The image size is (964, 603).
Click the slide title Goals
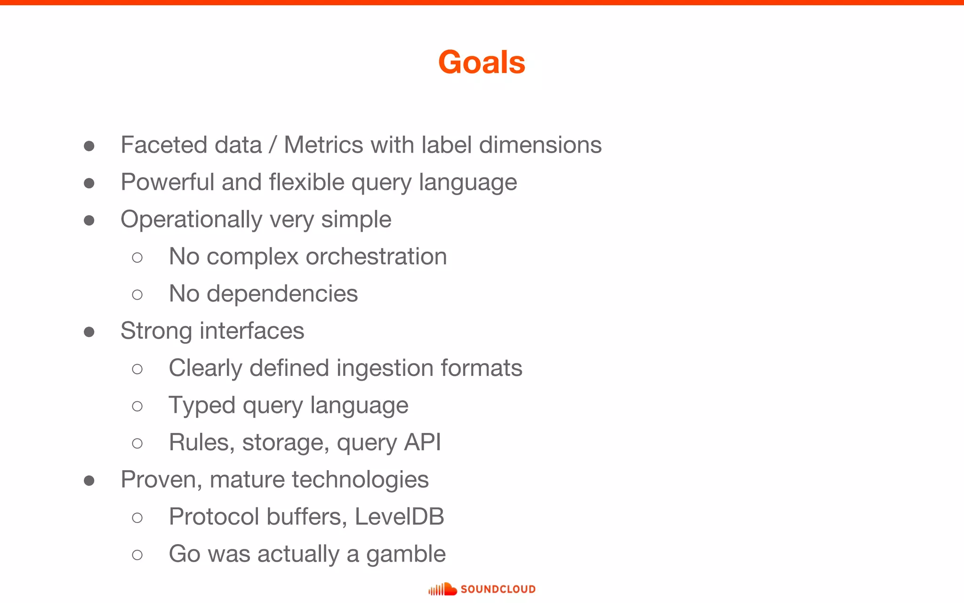click(x=482, y=62)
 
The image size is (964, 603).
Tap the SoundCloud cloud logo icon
click(x=442, y=589)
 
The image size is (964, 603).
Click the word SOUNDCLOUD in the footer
click(x=498, y=589)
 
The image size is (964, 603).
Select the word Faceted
click(x=164, y=145)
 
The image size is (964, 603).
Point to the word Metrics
click(x=323, y=145)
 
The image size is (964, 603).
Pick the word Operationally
click(x=191, y=220)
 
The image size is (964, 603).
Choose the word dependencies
click(x=282, y=294)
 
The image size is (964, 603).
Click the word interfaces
click(x=252, y=331)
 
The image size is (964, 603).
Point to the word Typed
click(x=202, y=406)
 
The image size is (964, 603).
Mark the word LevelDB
click(x=399, y=517)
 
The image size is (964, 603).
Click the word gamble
click(x=406, y=554)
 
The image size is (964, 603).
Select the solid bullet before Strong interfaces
click(x=89, y=332)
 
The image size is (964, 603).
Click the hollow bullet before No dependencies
click(x=137, y=295)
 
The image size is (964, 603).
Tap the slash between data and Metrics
click(x=273, y=145)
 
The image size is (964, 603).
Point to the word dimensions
click(x=540, y=145)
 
